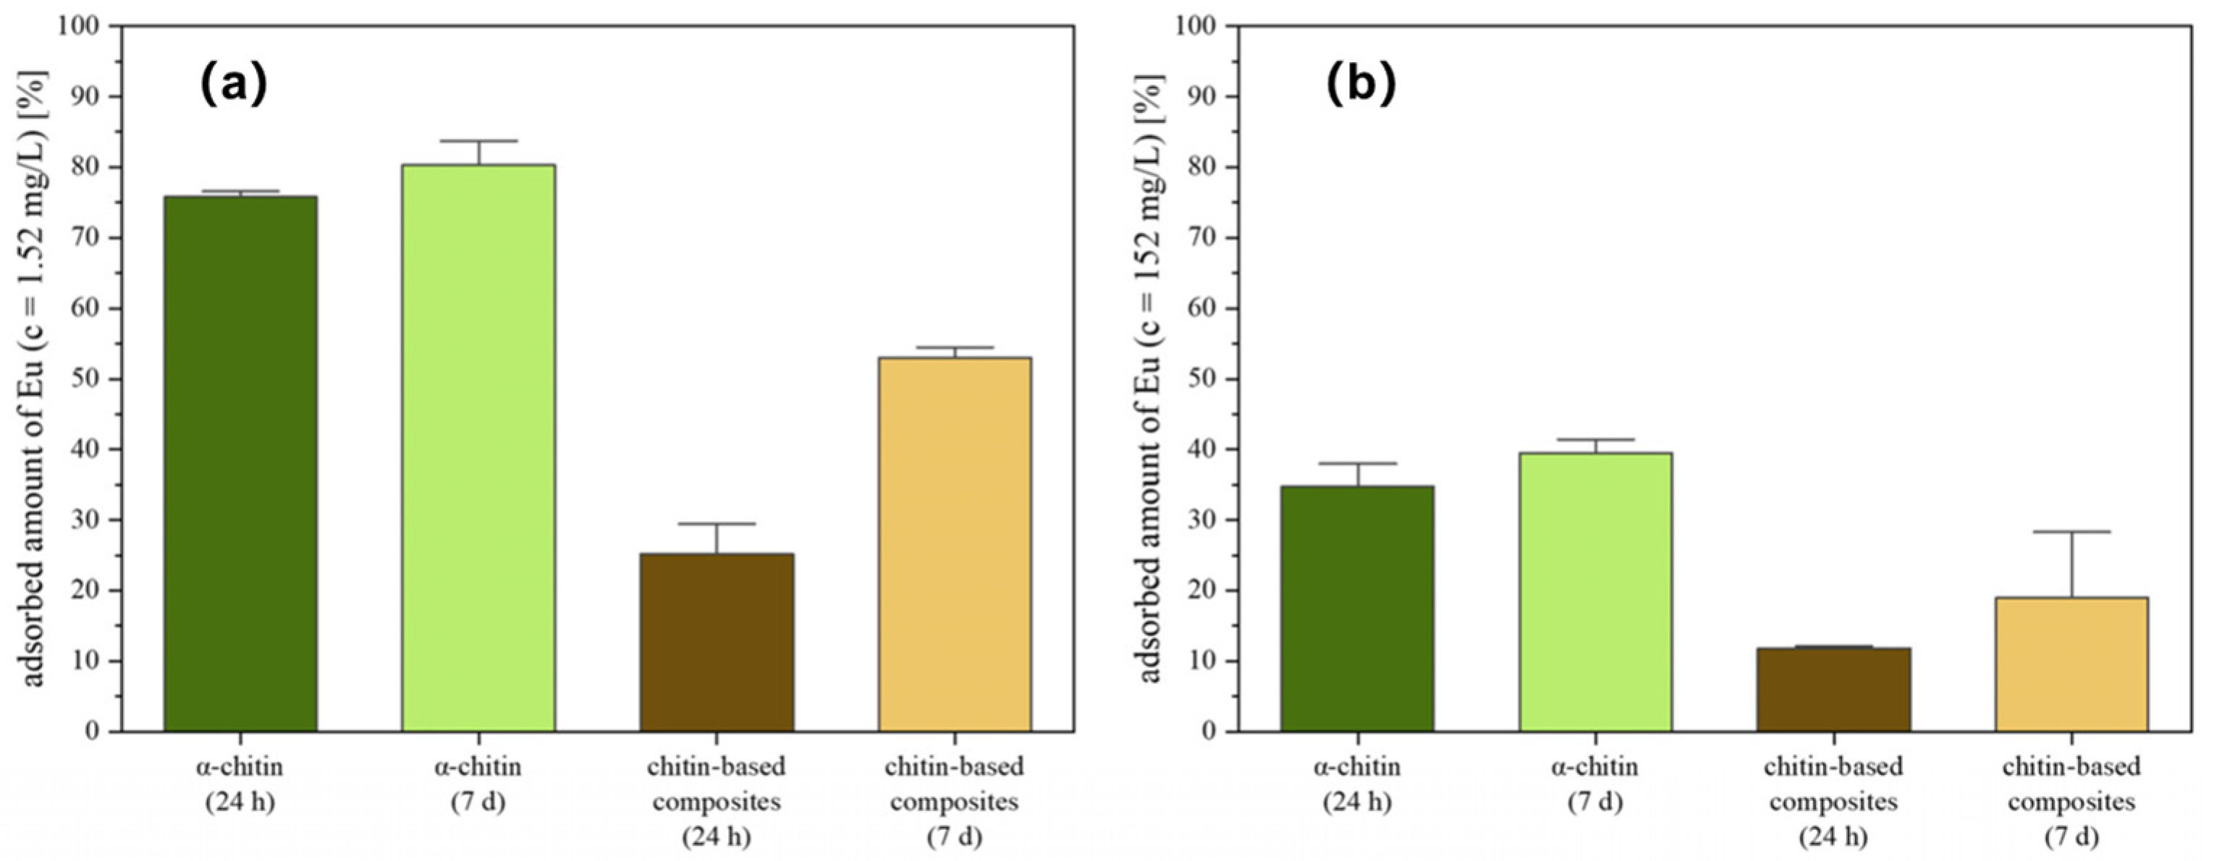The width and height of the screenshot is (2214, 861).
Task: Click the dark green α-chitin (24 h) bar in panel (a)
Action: pyautogui.click(x=240, y=464)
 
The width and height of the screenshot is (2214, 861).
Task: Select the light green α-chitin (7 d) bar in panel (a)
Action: pyautogui.click(x=478, y=448)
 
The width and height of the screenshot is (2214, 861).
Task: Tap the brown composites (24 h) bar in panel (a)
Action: pyautogui.click(x=717, y=642)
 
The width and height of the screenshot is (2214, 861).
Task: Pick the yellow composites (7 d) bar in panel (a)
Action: pyautogui.click(x=955, y=545)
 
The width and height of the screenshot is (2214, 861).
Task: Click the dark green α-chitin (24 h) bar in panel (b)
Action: pyautogui.click(x=1357, y=609)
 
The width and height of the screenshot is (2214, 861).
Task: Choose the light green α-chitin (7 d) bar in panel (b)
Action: pyautogui.click(x=1595, y=592)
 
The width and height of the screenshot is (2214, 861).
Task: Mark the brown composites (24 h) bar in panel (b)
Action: pyautogui.click(x=1833, y=690)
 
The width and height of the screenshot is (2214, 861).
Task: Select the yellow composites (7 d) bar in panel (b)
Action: pyautogui.click(x=2071, y=664)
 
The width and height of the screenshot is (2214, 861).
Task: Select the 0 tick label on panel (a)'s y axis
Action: pyautogui.click(x=93, y=732)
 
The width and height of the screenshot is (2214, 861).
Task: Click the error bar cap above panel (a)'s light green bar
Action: pyautogui.click(x=478, y=141)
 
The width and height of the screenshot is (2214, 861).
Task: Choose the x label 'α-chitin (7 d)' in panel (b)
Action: pyautogui.click(x=1595, y=784)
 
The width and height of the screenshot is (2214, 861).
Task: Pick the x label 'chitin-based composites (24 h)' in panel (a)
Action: pyautogui.click(x=717, y=801)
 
